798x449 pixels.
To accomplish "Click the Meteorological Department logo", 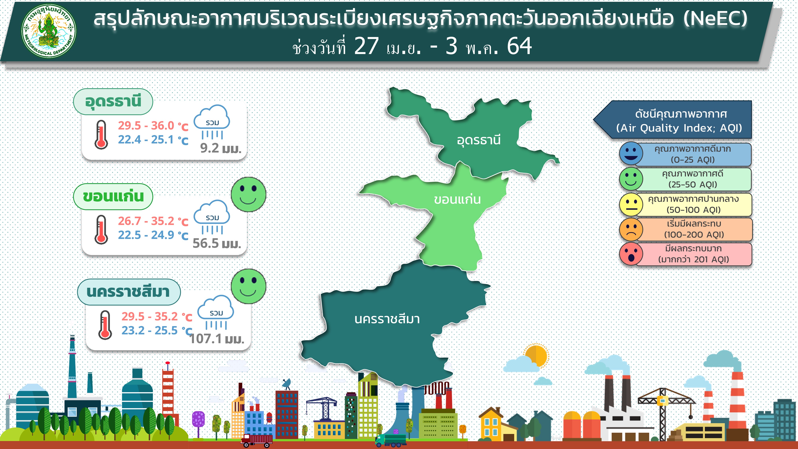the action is click(x=49, y=31).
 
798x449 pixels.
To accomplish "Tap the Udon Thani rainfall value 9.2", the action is click(x=209, y=148).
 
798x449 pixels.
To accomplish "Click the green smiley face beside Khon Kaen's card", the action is click(x=248, y=194).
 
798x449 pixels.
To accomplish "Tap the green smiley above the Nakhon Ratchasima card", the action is click(x=248, y=286).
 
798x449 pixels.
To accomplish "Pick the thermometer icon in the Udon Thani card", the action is click(x=101, y=135).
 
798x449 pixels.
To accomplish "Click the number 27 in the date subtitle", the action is click(x=366, y=46).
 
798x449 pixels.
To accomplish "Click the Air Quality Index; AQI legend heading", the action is click(x=679, y=128).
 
